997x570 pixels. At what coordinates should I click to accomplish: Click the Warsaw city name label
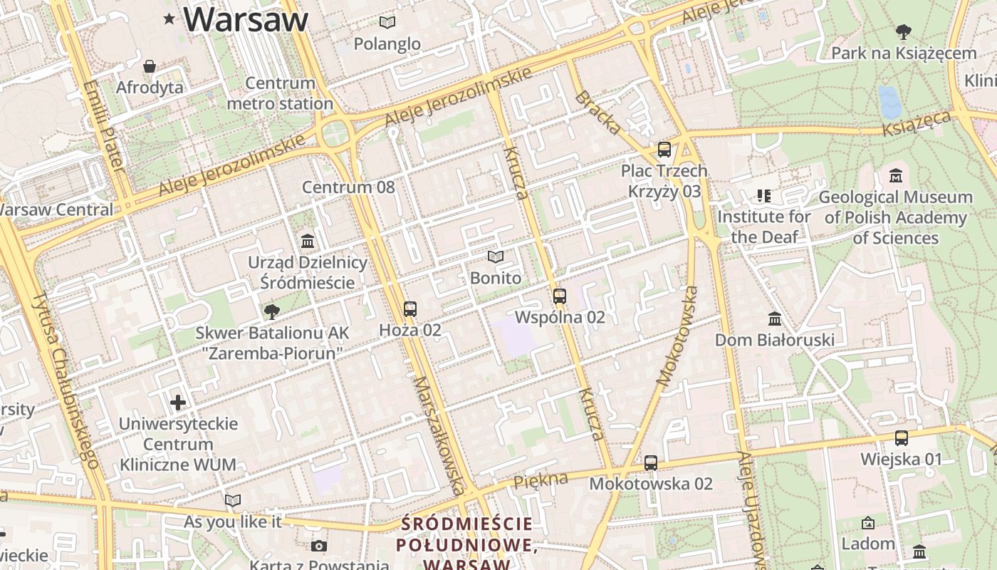[x=246, y=19]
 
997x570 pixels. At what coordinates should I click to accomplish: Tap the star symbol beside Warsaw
[x=169, y=19]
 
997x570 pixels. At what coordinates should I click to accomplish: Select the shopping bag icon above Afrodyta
[x=150, y=66]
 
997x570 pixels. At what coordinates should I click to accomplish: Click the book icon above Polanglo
[x=387, y=23]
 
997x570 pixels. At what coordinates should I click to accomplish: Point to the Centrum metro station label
[x=280, y=93]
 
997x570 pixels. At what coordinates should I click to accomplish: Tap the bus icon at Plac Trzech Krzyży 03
[x=664, y=150]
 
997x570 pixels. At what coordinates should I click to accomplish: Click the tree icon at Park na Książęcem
[x=904, y=32]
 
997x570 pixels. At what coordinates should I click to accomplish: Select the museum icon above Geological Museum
[x=896, y=175]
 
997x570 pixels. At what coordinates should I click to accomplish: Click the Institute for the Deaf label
[x=764, y=226]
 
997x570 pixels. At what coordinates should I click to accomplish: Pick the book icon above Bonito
[x=496, y=256]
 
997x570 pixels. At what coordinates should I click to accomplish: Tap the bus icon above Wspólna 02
[x=560, y=296]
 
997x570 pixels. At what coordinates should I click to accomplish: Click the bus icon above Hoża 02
[x=410, y=309]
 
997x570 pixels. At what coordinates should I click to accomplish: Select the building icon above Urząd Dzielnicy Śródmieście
[x=308, y=241]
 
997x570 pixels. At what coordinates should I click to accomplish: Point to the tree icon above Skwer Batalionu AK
[x=271, y=311]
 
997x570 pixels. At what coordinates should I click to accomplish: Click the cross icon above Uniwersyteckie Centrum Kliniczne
[x=178, y=403]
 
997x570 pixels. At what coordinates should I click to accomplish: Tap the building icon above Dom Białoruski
[x=775, y=318]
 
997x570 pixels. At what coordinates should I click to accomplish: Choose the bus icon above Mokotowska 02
[x=651, y=463]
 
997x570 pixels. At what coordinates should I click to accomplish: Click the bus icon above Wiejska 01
[x=902, y=438]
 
